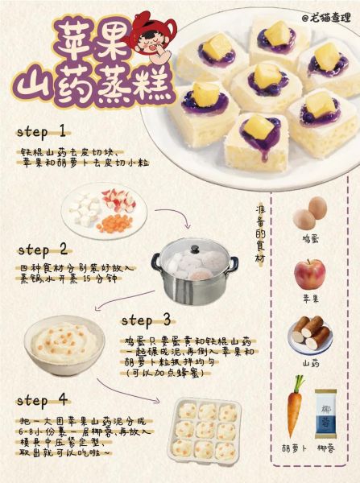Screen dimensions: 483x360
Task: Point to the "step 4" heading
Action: (x=42, y=400)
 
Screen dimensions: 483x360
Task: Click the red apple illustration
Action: (x=310, y=275)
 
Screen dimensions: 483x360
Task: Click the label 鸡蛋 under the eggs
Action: (x=310, y=239)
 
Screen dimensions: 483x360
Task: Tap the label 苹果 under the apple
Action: (x=310, y=298)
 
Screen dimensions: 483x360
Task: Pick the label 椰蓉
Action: (x=329, y=447)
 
